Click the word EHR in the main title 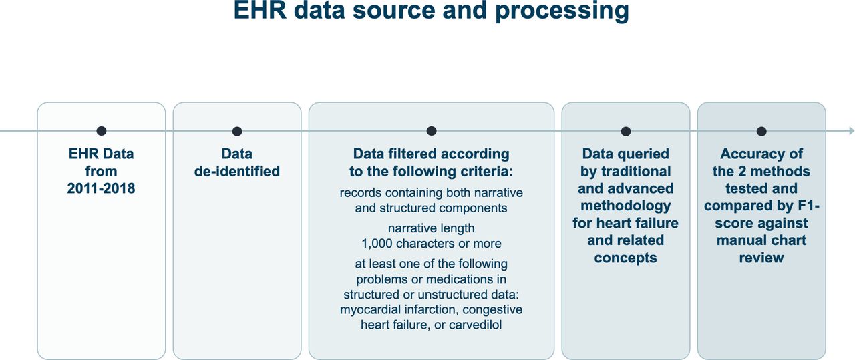(x=260, y=10)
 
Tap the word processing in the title (x=562, y=11)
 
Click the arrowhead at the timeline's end (x=851, y=131)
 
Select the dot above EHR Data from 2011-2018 (x=101, y=131)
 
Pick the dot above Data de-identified (x=237, y=131)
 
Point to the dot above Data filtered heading (x=432, y=131)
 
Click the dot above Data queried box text (x=626, y=131)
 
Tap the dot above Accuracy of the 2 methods (x=761, y=131)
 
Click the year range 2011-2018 (x=101, y=188)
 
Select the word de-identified (x=237, y=171)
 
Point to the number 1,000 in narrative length (x=377, y=244)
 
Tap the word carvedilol (x=475, y=325)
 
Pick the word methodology (x=626, y=206)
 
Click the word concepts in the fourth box (x=626, y=258)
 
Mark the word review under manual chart (x=761, y=258)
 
